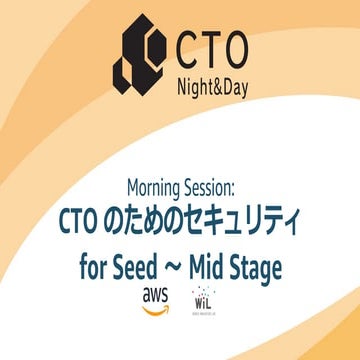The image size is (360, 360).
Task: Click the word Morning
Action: click(x=159, y=187)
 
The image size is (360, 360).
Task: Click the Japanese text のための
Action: click(x=161, y=218)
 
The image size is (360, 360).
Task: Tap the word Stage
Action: click(x=255, y=268)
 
